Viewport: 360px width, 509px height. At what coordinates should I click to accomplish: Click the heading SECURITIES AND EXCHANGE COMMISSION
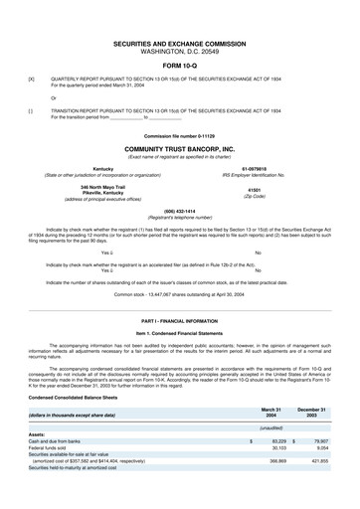point(179,45)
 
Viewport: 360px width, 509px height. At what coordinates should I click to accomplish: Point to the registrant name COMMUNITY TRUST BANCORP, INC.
point(179,146)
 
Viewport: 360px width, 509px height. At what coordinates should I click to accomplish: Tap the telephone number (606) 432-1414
point(179,211)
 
